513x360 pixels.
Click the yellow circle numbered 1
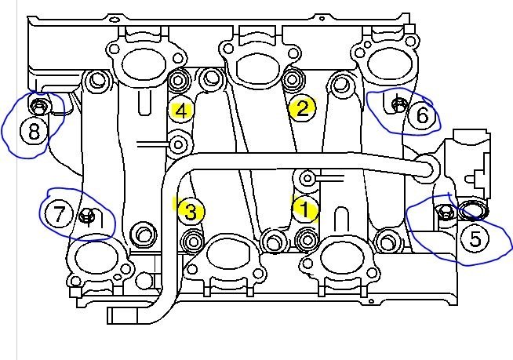304,209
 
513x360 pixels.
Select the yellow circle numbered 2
300,108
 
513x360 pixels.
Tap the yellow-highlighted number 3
191,210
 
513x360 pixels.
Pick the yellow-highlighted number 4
181,111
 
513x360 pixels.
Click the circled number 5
475,238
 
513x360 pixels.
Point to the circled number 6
422,116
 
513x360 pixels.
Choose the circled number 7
59,213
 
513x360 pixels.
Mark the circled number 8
34,130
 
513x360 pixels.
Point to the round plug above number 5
473,210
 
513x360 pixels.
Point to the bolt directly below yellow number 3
191,239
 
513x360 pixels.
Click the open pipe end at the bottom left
111,315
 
